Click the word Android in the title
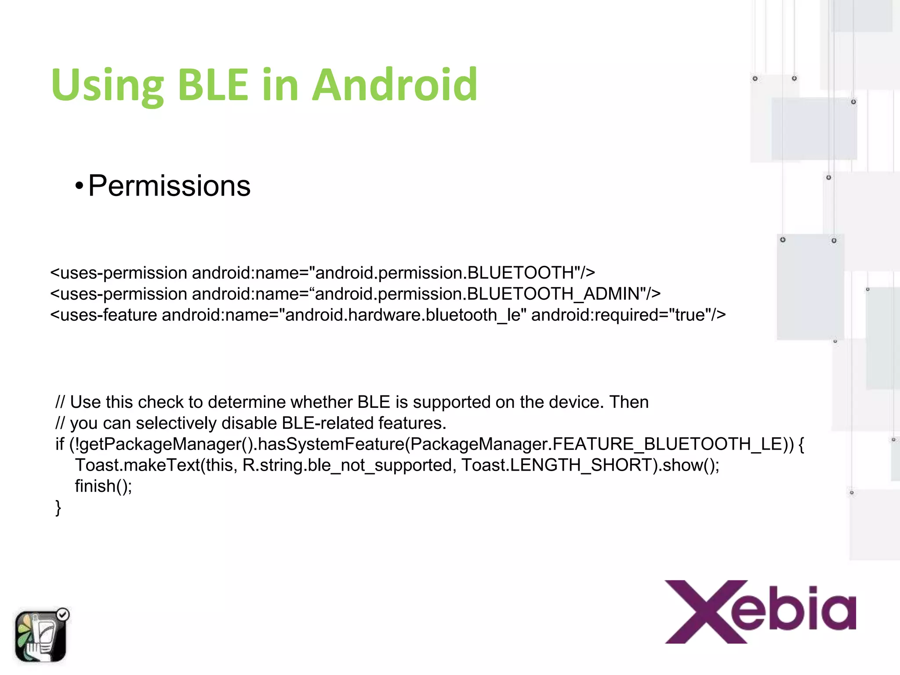click(394, 85)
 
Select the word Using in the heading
click(107, 86)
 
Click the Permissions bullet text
click(169, 186)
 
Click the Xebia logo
click(760, 612)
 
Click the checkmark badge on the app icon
click(63, 614)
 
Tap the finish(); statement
click(103, 486)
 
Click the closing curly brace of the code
click(58, 508)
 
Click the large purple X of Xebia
click(706, 612)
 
